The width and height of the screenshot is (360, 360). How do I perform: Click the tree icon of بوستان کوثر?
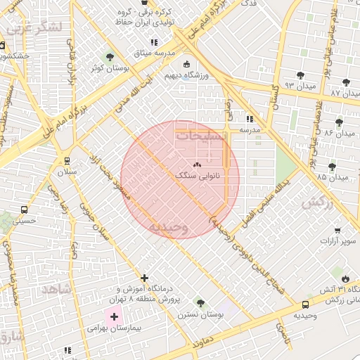(x=109, y=56)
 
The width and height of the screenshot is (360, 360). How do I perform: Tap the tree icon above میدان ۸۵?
(x=333, y=166)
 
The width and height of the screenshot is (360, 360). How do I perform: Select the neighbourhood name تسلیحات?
(x=202, y=136)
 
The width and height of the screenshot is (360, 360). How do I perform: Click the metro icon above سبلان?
(x=67, y=160)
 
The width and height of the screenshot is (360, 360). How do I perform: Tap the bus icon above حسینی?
(x=25, y=210)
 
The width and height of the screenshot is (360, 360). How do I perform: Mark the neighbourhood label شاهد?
(x=56, y=288)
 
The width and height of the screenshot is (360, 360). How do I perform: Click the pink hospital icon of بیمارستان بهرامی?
(x=113, y=317)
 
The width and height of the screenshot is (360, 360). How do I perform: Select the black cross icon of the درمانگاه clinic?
(x=145, y=278)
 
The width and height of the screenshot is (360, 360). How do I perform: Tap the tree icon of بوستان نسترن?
(x=201, y=304)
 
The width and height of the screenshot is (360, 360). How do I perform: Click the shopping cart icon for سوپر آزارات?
(x=337, y=231)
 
